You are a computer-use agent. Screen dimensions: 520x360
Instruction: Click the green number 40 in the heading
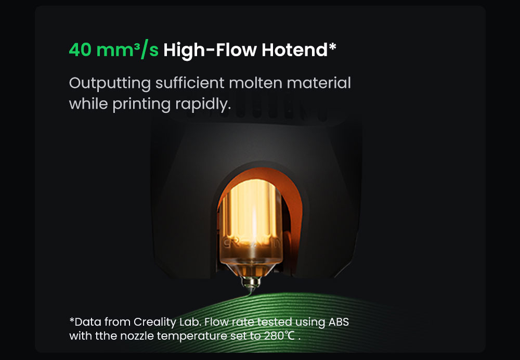80,50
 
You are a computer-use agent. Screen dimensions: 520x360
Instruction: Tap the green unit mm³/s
127,50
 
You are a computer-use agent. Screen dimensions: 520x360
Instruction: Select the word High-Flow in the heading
210,50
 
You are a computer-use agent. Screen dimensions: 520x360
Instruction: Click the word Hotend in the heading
294,50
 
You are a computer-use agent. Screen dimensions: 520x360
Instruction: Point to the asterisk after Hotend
332,46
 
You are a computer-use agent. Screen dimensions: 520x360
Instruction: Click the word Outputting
110,83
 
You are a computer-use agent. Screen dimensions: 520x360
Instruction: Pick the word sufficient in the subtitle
190,82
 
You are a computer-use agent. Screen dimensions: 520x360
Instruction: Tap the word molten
255,83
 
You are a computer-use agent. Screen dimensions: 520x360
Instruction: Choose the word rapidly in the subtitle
203,104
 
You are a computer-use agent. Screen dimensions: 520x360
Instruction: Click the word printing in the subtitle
141,104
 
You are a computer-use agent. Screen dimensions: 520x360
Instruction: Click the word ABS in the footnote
339,322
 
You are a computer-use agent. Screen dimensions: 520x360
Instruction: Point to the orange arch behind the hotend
292,199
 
